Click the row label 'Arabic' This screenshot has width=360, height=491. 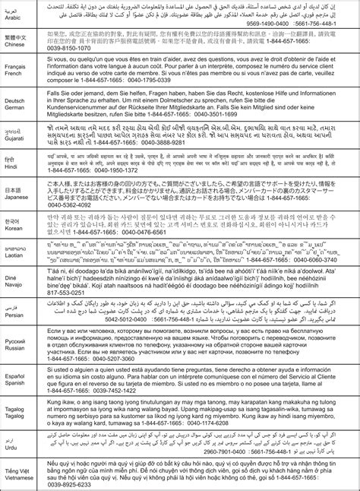click(16, 20)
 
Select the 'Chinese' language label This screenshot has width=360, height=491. click(16, 45)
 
